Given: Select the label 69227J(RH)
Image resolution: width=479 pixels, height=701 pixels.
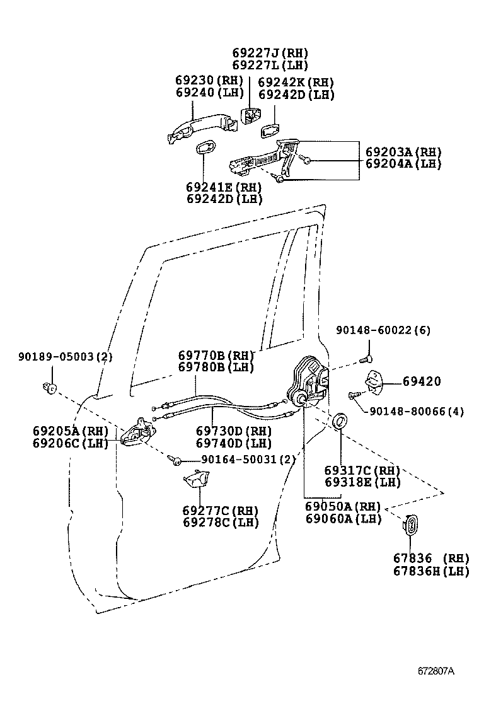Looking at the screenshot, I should [270, 53].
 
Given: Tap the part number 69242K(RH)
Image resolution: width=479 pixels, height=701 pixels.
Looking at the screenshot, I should [296, 83].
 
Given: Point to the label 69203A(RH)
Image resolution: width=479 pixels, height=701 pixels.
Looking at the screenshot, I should [403, 152].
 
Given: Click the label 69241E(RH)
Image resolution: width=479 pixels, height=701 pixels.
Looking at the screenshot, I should [224, 187].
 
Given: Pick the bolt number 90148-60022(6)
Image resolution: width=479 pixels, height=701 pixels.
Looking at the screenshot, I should [383, 330].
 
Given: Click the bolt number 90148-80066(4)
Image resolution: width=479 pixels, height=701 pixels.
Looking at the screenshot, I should [417, 412].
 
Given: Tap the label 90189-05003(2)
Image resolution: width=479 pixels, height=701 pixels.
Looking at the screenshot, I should [66, 357].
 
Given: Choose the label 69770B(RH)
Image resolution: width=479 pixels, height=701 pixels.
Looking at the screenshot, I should [216, 355].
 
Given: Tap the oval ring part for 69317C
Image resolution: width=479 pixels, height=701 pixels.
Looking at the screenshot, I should [340, 420].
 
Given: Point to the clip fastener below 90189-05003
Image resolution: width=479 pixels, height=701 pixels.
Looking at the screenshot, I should [50, 386].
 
